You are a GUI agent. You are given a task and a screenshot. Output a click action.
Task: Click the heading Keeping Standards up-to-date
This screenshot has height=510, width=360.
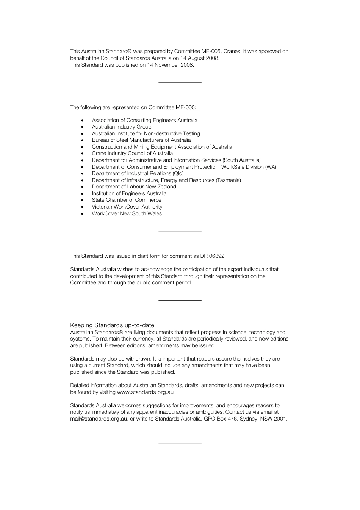point(112,325)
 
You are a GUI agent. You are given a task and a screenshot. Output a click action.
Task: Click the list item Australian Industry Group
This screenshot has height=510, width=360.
point(121,127)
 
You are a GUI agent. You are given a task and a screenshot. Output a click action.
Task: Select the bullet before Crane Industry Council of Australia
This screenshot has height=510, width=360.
point(82,154)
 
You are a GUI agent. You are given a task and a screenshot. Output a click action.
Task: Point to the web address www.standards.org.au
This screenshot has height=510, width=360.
point(145,392)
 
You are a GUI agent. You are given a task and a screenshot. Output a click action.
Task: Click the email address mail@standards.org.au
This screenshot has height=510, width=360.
point(99,419)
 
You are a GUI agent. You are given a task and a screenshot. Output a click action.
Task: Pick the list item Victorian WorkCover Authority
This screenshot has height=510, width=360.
point(127,207)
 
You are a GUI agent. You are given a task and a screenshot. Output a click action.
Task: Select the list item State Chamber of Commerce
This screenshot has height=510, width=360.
point(126,200)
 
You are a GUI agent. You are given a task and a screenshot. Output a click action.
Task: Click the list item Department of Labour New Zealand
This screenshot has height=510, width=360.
point(134,187)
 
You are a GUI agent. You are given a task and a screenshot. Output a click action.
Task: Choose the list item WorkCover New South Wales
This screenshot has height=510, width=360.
point(127,213)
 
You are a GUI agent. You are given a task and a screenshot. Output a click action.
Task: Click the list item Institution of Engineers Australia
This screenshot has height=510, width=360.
point(129,193)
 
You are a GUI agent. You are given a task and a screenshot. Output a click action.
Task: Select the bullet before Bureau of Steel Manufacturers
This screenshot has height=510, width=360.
point(82,140)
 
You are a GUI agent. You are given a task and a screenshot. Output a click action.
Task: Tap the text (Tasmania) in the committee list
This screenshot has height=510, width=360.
point(228,180)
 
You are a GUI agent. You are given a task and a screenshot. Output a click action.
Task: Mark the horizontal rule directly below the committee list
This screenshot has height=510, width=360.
point(180,231)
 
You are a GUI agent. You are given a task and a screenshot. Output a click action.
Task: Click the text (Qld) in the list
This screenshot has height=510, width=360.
point(178,173)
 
